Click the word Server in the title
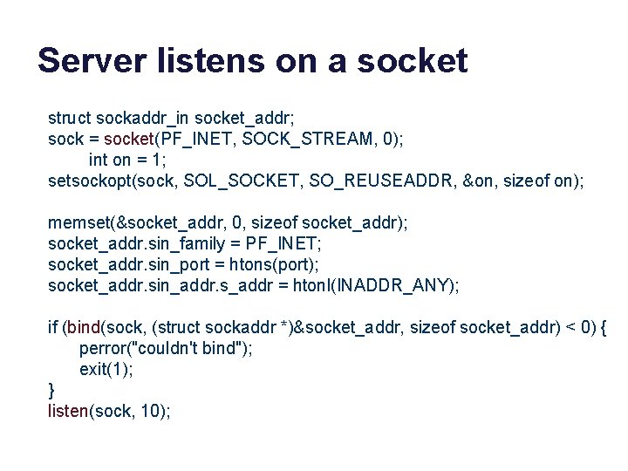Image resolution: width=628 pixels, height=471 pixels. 86,61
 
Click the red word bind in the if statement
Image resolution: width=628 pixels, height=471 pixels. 84,328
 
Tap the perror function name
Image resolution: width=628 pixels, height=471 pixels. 100,349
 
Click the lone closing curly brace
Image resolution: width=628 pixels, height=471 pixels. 51,391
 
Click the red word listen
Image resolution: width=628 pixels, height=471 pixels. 68,412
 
